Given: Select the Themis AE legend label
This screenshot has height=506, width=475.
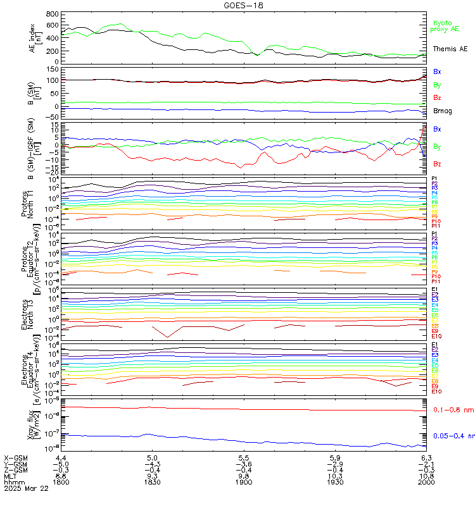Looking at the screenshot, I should (x=450, y=49).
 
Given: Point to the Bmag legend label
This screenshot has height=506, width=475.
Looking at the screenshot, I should (x=443, y=111).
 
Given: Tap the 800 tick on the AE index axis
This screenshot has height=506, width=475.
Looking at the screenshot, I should (x=52, y=14).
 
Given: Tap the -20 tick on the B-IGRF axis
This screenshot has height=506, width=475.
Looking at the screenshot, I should (x=53, y=172).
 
